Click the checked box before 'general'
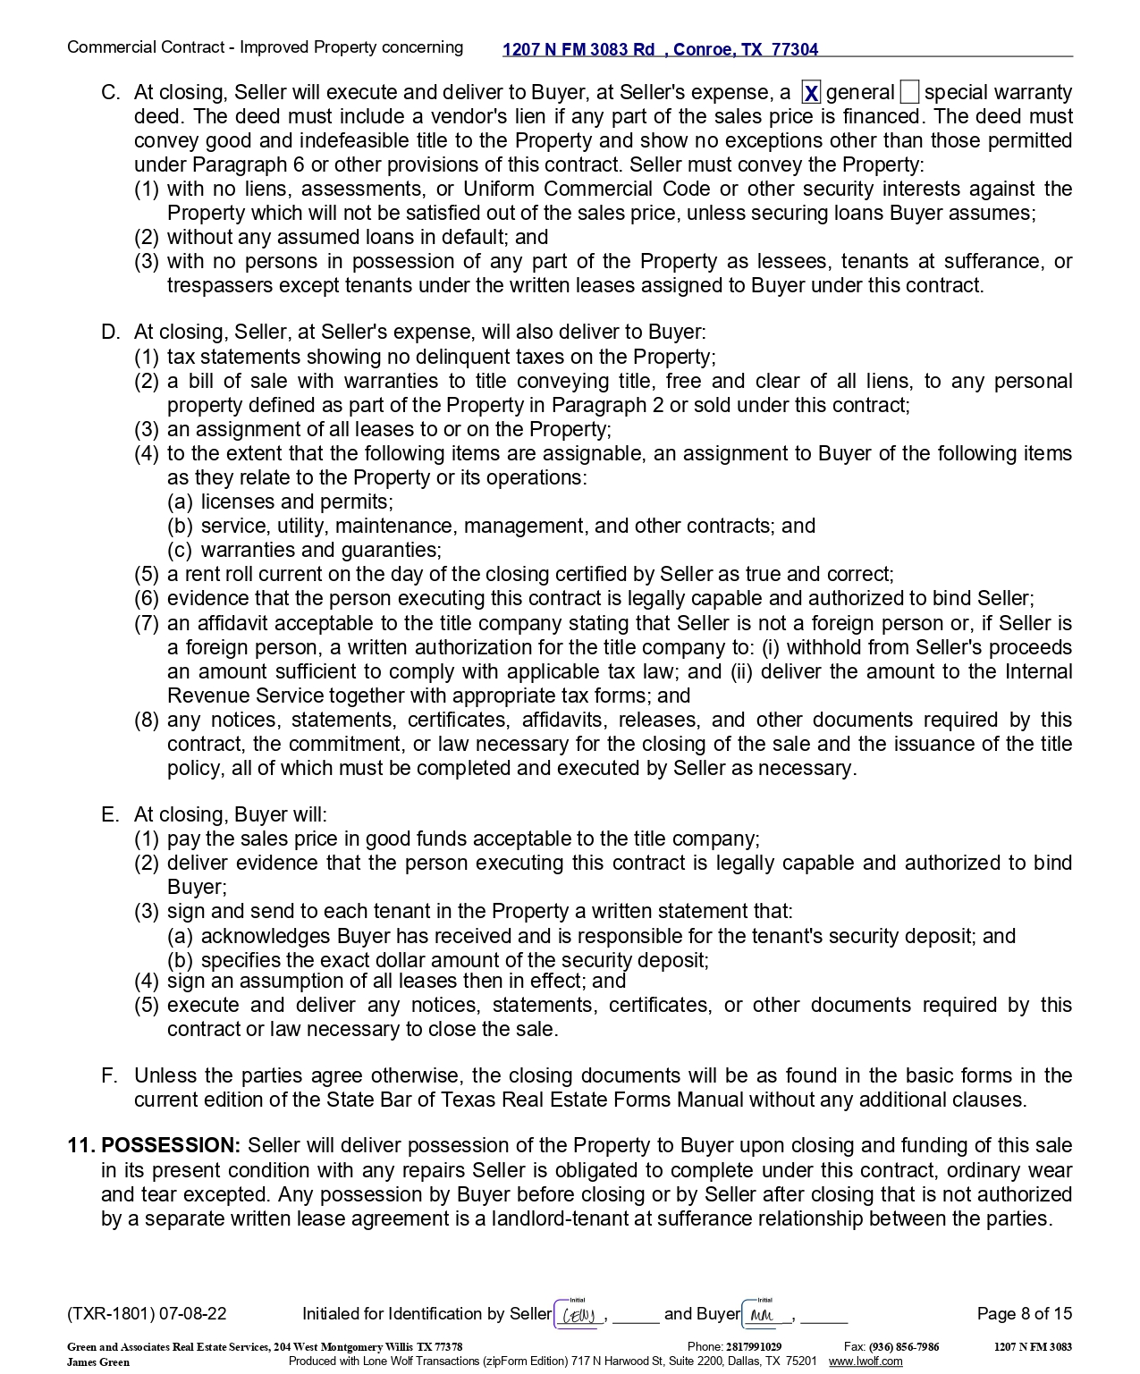pyautogui.click(x=811, y=93)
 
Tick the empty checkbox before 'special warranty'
pyautogui.click(x=909, y=93)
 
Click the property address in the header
pyautogui.click(x=660, y=50)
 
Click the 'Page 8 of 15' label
pyautogui.click(x=1024, y=1314)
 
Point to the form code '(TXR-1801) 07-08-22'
pyautogui.click(x=147, y=1314)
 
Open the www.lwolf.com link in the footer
pyautogui.click(x=865, y=1361)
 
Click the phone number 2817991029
pyautogui.click(x=753, y=1347)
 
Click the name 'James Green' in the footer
pyautogui.click(x=98, y=1362)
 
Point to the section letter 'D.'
pyautogui.click(x=111, y=333)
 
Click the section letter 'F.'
pyautogui.click(x=109, y=1076)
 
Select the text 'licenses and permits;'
pyautogui.click(x=297, y=502)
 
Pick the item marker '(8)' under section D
pyautogui.click(x=147, y=721)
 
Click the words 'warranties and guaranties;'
pyautogui.click(x=321, y=551)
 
